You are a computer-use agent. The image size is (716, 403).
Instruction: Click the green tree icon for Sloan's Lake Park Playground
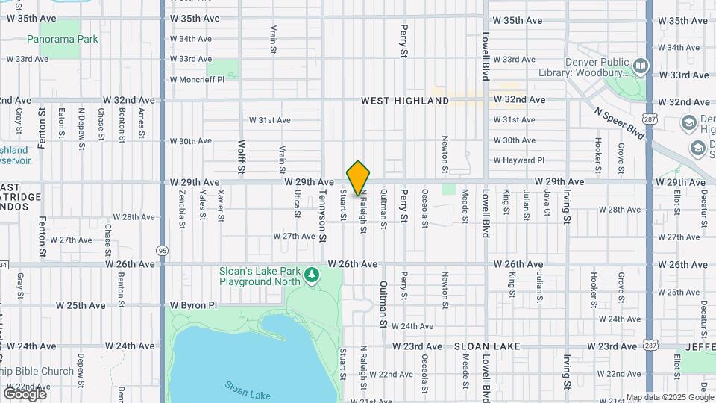tap(312, 276)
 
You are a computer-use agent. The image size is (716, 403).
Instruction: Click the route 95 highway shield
tap(162, 250)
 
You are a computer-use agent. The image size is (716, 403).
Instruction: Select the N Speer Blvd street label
tap(619, 121)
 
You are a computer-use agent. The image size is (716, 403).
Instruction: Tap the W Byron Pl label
tap(193, 305)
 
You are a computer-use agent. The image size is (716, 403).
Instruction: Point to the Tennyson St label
tap(323, 213)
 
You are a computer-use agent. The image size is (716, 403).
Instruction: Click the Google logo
tap(25, 393)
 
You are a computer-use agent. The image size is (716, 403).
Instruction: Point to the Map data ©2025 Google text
tap(669, 397)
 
